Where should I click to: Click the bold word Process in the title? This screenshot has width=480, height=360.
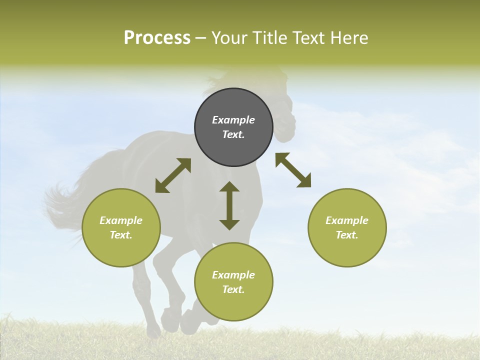coord(157,38)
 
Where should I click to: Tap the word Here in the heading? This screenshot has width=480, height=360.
coord(348,38)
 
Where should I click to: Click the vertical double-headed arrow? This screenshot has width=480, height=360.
coord(229,205)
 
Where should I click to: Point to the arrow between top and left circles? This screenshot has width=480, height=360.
coord(173,175)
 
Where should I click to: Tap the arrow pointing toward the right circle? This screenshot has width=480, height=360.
coord(293,170)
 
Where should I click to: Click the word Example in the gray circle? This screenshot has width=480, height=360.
coord(233,120)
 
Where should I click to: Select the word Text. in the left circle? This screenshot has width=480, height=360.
coord(121,235)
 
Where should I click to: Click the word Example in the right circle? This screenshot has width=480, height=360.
coord(347,220)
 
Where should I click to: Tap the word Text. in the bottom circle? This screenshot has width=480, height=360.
coord(233,289)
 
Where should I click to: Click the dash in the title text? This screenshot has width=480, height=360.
coord(201,38)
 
